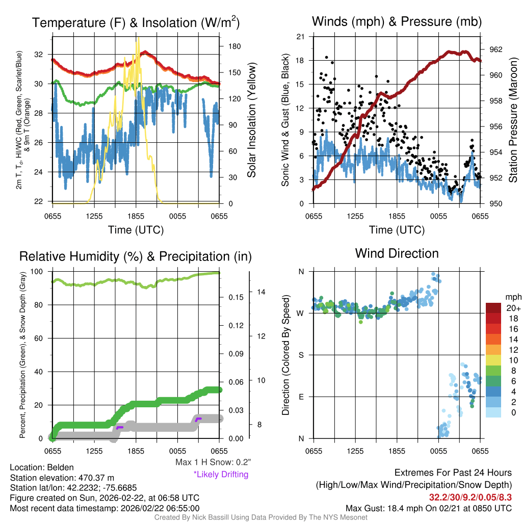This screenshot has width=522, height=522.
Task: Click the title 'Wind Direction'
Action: (397, 253)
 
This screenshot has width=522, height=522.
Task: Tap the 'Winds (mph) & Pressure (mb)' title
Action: (397, 22)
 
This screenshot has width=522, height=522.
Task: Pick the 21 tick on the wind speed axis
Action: (300, 36)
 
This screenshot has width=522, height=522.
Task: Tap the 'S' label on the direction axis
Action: (301, 355)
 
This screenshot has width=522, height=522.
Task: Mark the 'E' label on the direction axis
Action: (301, 397)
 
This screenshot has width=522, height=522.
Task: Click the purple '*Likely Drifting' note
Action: (221, 474)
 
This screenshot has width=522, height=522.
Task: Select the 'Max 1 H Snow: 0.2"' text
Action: (213, 462)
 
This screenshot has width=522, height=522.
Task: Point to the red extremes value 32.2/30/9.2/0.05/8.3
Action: (470, 497)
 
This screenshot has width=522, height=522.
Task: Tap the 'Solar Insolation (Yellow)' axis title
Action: (251, 120)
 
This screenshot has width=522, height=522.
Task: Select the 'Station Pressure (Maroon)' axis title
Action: (512, 120)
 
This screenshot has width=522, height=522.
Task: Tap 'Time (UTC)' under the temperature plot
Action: (136, 230)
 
